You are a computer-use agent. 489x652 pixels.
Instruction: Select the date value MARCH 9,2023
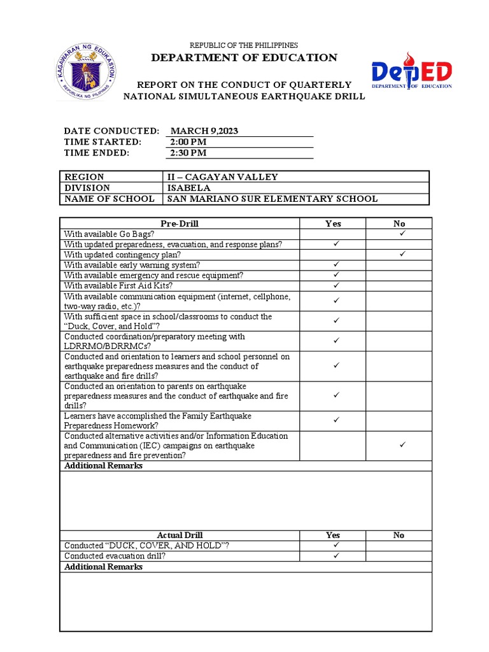pyautogui.click(x=204, y=131)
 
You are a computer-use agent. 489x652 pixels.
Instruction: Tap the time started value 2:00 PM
pyautogui.click(x=188, y=142)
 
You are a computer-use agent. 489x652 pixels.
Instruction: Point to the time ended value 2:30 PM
pyautogui.click(x=188, y=153)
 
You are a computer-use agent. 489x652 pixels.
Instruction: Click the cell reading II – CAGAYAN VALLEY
pyautogui.click(x=222, y=177)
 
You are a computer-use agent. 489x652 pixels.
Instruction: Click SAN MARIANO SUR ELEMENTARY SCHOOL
pyautogui.click(x=272, y=199)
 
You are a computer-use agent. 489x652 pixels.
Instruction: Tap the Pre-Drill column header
pyautogui.click(x=180, y=223)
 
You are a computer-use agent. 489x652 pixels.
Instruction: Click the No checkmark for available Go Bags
pyautogui.click(x=402, y=234)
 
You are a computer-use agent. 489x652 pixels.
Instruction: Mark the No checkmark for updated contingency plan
pyautogui.click(x=402, y=254)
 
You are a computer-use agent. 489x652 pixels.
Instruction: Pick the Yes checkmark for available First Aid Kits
pyautogui.click(x=336, y=285)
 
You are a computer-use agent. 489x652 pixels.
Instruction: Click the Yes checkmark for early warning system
pyautogui.click(x=336, y=264)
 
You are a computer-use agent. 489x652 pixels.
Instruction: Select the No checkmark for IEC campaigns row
pyautogui.click(x=402, y=445)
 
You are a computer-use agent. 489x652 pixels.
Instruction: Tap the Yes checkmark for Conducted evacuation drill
pyautogui.click(x=336, y=555)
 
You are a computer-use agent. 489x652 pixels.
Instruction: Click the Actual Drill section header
pyautogui.click(x=180, y=535)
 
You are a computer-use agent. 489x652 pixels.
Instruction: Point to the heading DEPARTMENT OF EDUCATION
pyautogui.click(x=244, y=58)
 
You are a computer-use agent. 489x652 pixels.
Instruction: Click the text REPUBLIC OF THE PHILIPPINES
pyautogui.click(x=244, y=45)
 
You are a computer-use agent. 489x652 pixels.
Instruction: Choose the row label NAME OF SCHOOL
pyautogui.click(x=109, y=199)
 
